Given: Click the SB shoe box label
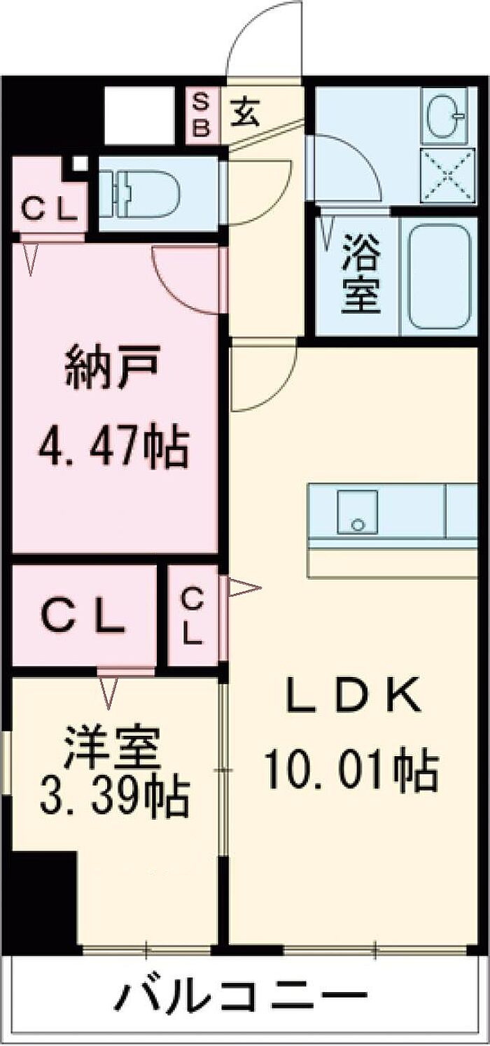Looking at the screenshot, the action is (202, 115).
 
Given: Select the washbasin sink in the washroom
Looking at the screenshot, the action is (446, 115).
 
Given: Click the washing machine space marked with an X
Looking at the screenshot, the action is (448, 176).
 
